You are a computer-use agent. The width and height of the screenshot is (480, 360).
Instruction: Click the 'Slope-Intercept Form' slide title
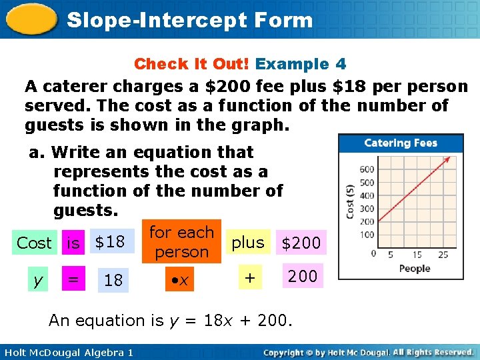(190, 20)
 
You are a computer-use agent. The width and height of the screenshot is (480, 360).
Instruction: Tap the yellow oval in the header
(31, 20)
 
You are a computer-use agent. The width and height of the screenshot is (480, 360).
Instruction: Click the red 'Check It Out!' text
(192, 64)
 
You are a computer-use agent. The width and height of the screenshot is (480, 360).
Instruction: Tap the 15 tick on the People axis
(417, 255)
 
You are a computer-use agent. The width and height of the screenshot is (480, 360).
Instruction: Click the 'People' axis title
(415, 269)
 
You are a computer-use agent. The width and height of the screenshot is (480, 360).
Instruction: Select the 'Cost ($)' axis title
(350, 201)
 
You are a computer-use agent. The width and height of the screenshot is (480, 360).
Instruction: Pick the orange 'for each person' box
(181, 241)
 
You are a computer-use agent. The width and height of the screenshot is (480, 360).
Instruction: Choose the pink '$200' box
(301, 243)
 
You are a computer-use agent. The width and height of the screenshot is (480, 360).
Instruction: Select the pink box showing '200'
(303, 275)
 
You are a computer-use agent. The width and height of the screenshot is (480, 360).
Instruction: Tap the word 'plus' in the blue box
(248, 243)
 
